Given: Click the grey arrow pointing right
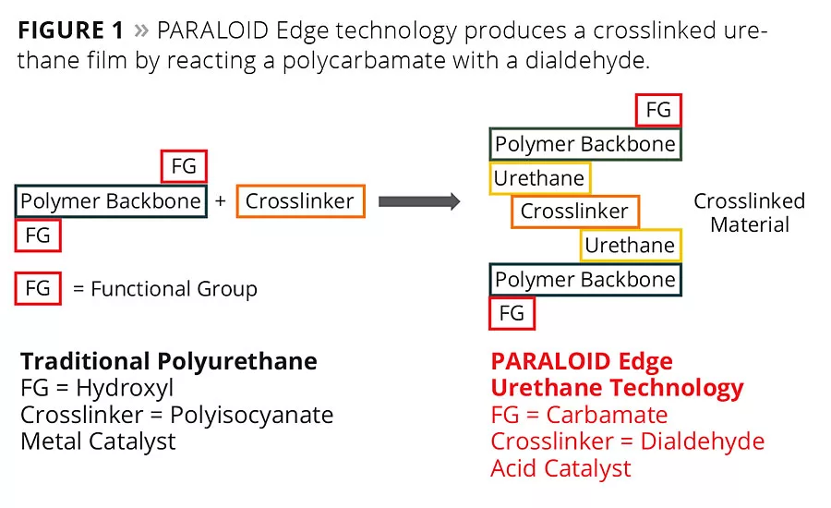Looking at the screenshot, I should pyautogui.click(x=419, y=201).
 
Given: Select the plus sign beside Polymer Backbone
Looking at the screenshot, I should pyautogui.click(x=220, y=201).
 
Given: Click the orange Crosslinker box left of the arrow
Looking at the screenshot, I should pyautogui.click(x=300, y=201).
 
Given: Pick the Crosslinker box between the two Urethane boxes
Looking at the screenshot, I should pyautogui.click(x=574, y=212).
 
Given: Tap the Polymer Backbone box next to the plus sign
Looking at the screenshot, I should pyautogui.click(x=111, y=201).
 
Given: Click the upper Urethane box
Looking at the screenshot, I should pyautogui.click(x=539, y=178).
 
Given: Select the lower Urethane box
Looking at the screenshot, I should pyautogui.click(x=630, y=246).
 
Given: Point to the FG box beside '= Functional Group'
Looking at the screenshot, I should pyautogui.click(x=38, y=289).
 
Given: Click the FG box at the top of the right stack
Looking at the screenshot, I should pyautogui.click(x=658, y=111).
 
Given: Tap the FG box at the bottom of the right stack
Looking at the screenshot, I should pyautogui.click(x=512, y=313).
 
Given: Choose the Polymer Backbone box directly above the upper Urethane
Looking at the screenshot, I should pyautogui.click(x=585, y=144).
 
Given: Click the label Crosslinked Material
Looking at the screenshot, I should pyautogui.click(x=749, y=212).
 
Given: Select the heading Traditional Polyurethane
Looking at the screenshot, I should pyautogui.click(x=168, y=361).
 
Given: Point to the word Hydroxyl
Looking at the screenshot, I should pyautogui.click(x=125, y=388).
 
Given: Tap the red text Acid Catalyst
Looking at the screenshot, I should pyautogui.click(x=560, y=468).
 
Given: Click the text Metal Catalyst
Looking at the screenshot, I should pyautogui.click(x=98, y=441).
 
